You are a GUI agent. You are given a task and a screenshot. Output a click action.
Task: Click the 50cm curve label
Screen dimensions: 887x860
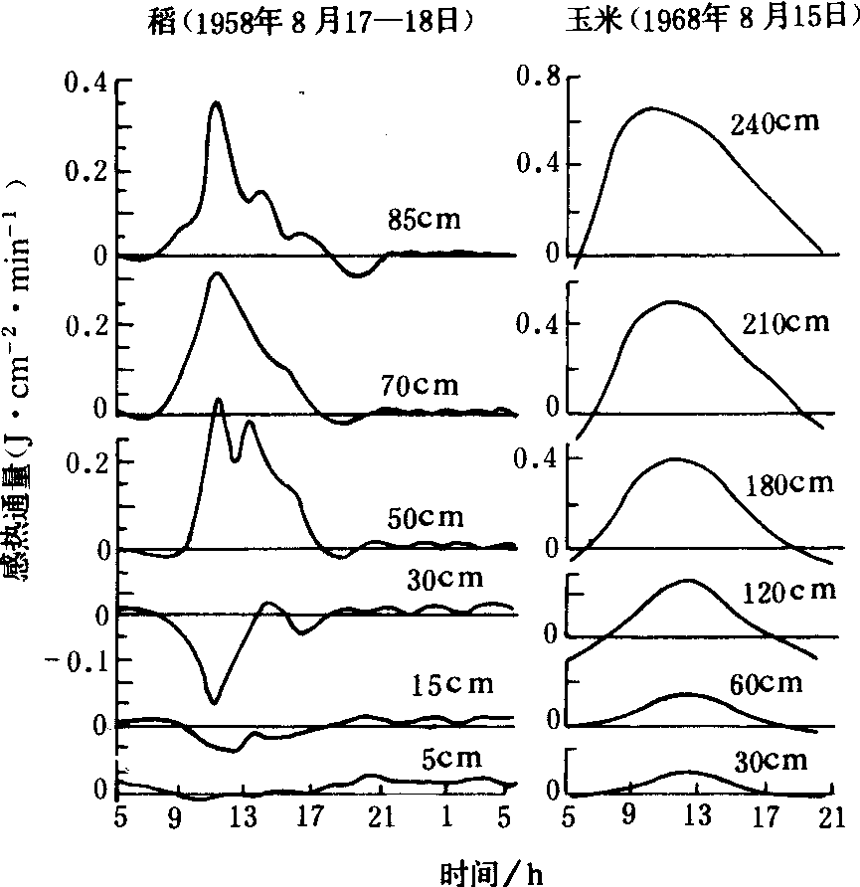[x=425, y=518]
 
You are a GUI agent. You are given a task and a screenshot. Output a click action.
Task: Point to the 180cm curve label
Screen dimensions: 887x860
[x=785, y=483]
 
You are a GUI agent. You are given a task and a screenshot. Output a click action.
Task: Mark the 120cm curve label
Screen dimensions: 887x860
[x=789, y=592]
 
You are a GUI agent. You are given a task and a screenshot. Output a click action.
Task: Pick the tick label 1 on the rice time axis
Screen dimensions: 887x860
[x=447, y=816]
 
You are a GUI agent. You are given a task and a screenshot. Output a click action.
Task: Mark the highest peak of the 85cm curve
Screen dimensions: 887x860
[x=216, y=102]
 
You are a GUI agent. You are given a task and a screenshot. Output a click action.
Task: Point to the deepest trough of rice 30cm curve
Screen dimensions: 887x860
[x=213, y=702]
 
